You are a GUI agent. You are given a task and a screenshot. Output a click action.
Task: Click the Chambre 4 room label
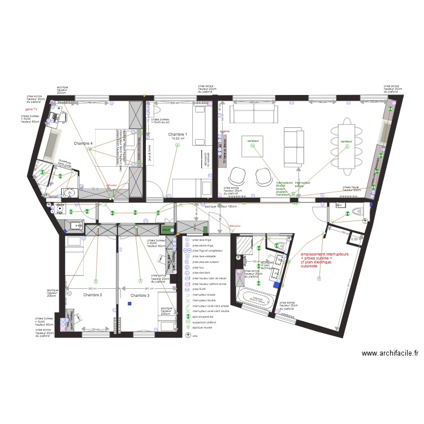pyautogui.click(x=83, y=144)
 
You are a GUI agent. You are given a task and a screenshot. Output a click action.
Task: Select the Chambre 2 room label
pyautogui.click(x=92, y=295)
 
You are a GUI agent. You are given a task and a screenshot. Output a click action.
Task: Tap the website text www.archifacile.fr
pyautogui.click(x=390, y=353)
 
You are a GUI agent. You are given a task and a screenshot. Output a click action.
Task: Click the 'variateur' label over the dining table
pyautogui.click(x=347, y=141)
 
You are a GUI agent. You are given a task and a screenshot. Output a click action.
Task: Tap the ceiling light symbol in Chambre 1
pyautogui.click(x=177, y=145)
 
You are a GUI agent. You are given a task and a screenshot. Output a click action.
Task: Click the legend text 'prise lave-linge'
pyautogui.click(x=202, y=239)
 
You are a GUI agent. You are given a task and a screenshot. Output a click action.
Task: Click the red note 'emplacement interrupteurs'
pyautogui.click(x=325, y=254)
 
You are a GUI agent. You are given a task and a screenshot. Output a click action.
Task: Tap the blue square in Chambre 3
pyautogui.click(x=129, y=304)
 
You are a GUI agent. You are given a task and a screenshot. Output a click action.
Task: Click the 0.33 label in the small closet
pyautogui.click(x=354, y=240)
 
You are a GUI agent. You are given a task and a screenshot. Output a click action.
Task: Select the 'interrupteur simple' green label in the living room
pyautogui.click(x=304, y=184)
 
